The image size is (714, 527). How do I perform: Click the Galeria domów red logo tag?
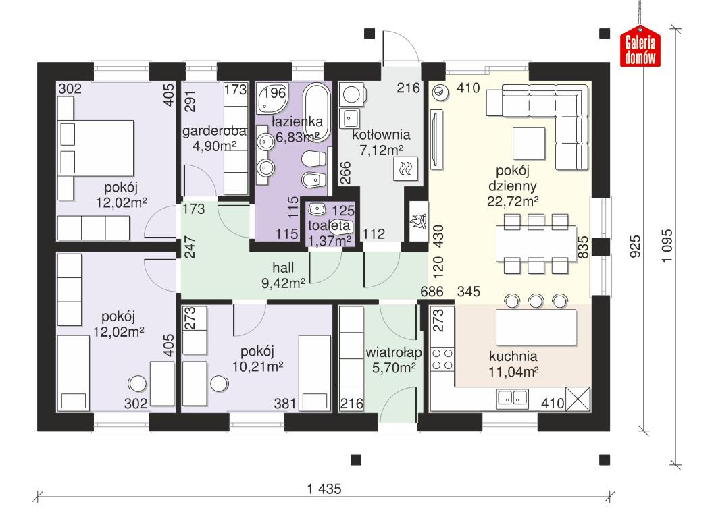[x=640, y=49]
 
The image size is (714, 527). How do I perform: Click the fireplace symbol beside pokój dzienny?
[x=417, y=220]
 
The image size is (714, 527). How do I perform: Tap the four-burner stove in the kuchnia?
[x=442, y=358]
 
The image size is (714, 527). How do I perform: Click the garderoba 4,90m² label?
[x=214, y=138]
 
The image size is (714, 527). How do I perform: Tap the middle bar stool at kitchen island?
[x=538, y=300]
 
